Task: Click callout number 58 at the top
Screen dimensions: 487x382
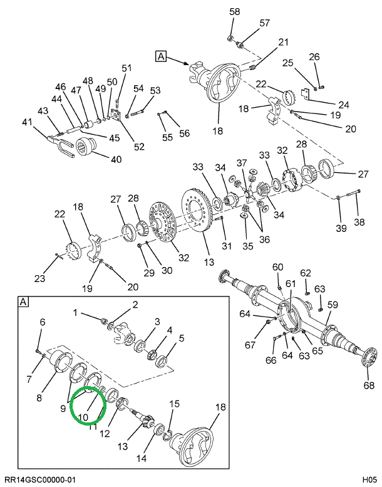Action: click(x=234, y=12)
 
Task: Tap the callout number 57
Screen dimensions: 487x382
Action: click(x=264, y=23)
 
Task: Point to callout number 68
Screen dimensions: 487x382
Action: click(x=369, y=385)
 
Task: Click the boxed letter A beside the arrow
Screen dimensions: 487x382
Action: click(x=161, y=56)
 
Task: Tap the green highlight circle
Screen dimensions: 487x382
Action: click(x=88, y=406)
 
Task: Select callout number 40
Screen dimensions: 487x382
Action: click(x=116, y=159)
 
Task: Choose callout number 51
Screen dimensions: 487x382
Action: click(x=126, y=68)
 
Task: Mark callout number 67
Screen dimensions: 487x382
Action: click(x=250, y=344)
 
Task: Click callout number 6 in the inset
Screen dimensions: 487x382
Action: click(x=43, y=322)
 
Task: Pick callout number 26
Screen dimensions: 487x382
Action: click(x=314, y=57)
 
